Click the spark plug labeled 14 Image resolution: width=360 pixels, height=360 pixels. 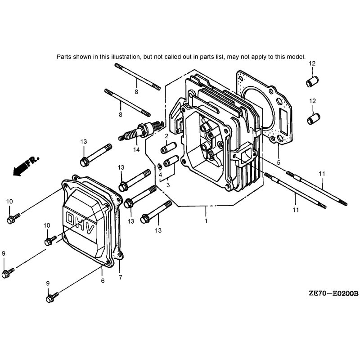[x=140, y=130]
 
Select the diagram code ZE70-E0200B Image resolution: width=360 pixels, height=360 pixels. [x=333, y=293]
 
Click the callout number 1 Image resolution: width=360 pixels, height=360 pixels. [x=206, y=221]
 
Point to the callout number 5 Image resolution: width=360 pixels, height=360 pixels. [x=279, y=162]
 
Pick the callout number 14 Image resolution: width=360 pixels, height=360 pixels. [x=136, y=150]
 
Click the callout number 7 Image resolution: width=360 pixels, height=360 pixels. [x=121, y=277]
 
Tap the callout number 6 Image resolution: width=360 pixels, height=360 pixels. [x=103, y=280]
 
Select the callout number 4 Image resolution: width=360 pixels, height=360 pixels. [x=160, y=175]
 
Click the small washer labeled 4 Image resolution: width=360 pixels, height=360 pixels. [x=159, y=166]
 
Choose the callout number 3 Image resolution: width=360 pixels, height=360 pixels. [x=168, y=185]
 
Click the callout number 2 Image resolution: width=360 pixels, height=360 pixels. [x=166, y=136]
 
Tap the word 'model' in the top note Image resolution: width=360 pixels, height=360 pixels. [x=297, y=57]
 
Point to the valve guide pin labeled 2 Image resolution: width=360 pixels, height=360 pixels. [x=168, y=148]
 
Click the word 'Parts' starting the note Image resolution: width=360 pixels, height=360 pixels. [x=64, y=57]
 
